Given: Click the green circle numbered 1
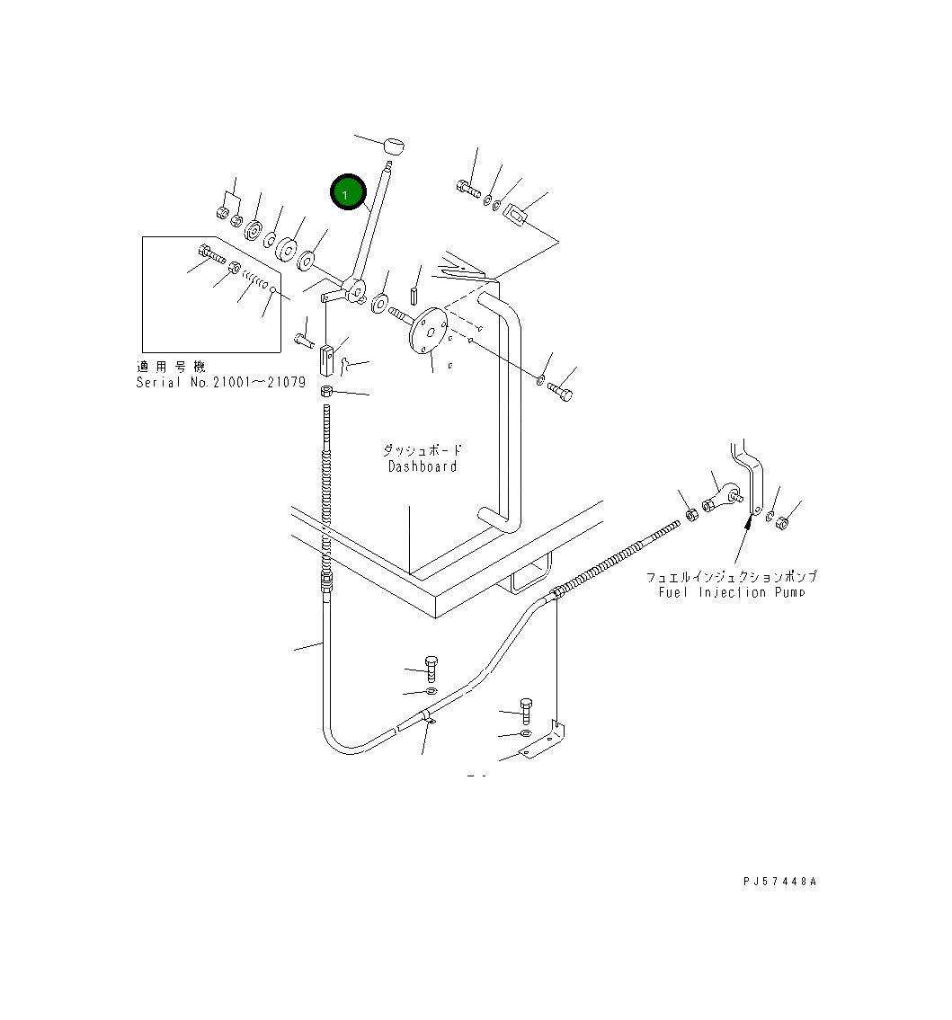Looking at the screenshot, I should pyautogui.click(x=347, y=192).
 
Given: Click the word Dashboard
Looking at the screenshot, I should pyautogui.click(x=423, y=466).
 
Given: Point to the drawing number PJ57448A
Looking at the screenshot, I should pyautogui.click(x=779, y=882).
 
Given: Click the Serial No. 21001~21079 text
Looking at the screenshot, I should pyautogui.click(x=220, y=382).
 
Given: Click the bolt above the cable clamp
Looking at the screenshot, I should pyautogui.click(x=431, y=668).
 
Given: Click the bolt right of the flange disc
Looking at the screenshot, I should pyautogui.click(x=560, y=391).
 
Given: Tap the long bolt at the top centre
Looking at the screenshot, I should pyautogui.click(x=467, y=189).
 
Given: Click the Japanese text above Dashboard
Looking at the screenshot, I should pyautogui.click(x=423, y=450).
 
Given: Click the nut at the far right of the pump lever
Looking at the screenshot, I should pyautogui.click(x=782, y=520).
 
